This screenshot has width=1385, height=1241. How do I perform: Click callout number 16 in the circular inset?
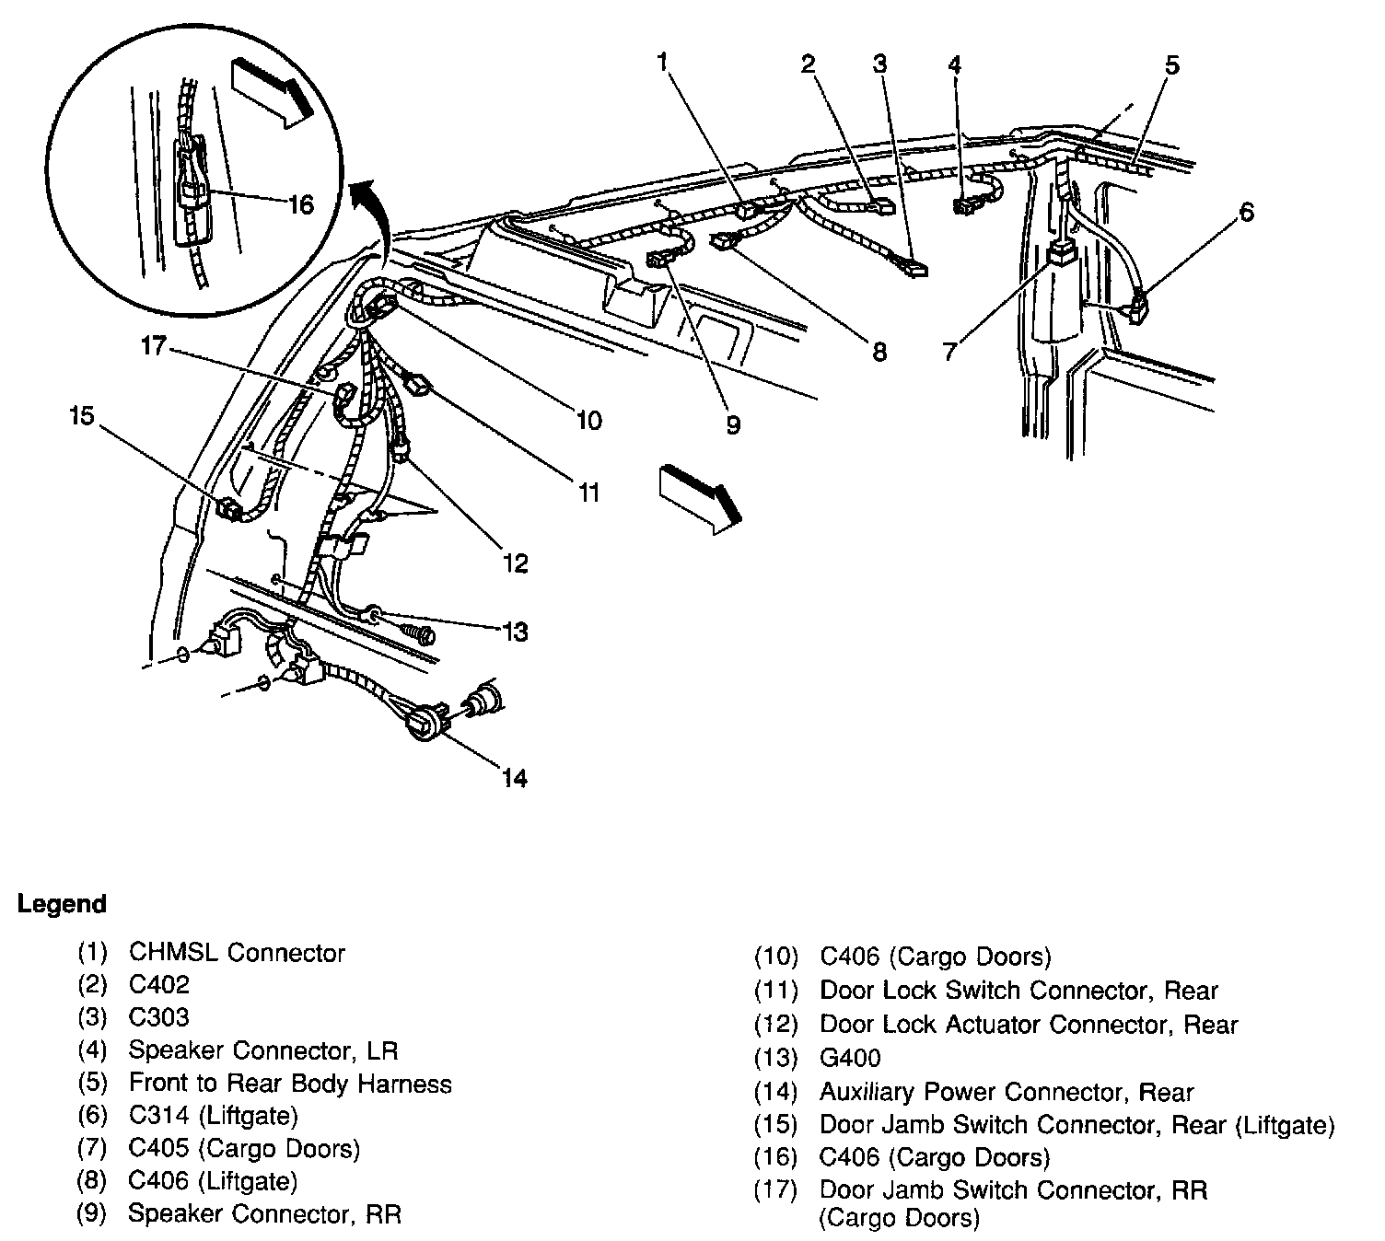(301, 204)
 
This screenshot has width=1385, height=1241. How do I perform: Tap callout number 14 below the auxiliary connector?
(514, 779)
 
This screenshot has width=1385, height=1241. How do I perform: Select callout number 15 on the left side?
(82, 417)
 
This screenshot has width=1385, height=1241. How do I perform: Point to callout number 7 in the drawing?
(950, 351)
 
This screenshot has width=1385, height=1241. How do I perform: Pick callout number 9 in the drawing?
(733, 425)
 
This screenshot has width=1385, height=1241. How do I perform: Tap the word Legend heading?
(63, 904)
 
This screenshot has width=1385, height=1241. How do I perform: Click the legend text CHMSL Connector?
(237, 952)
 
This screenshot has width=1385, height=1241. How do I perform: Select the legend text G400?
(850, 1058)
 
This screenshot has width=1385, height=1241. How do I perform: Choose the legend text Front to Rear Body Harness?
(290, 1084)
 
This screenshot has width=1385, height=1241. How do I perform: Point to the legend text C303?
(159, 1017)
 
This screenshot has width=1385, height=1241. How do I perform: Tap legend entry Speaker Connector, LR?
(263, 1050)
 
